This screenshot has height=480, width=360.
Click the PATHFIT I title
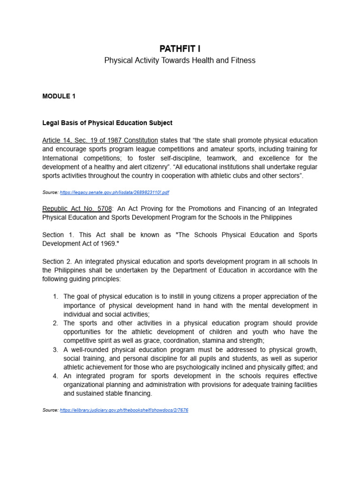[x=180, y=48]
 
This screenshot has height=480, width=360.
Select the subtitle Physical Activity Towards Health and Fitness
[x=180, y=61]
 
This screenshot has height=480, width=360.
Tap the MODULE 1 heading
[x=59, y=96]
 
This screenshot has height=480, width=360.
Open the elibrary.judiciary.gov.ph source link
[x=124, y=410]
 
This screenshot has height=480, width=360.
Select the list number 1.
[x=55, y=297]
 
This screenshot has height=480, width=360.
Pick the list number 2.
[x=55, y=323]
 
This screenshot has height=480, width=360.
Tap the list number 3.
[x=55, y=350]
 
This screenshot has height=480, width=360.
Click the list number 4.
[x=55, y=376]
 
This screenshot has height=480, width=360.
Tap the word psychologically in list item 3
[x=202, y=367]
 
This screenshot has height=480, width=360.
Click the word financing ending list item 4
[x=135, y=394]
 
